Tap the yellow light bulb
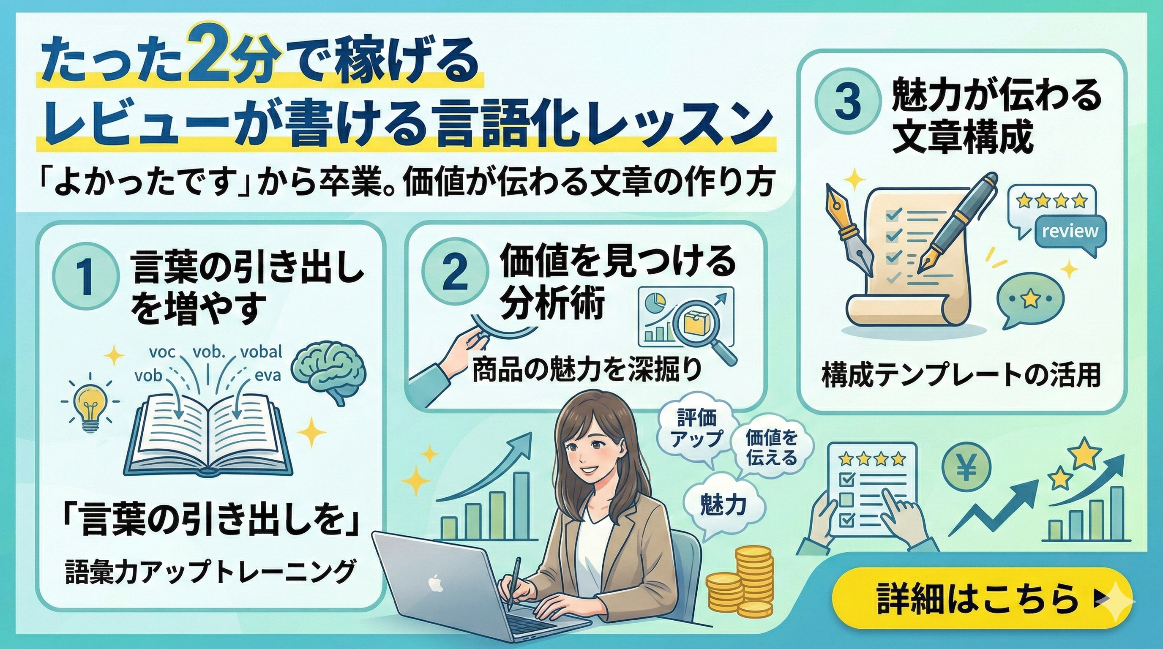pyautogui.click(x=90, y=406)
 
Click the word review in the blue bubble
pyautogui.click(x=1070, y=231)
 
